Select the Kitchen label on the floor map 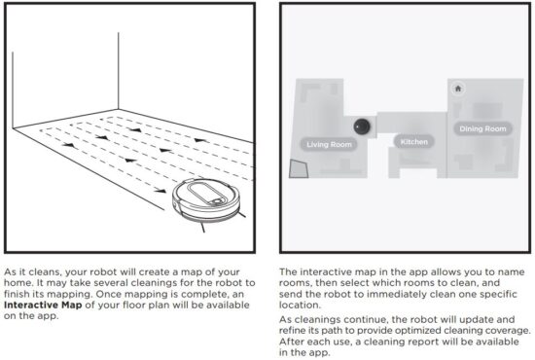point(413,142)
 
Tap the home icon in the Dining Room point(458,88)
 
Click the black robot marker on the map point(361,125)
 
